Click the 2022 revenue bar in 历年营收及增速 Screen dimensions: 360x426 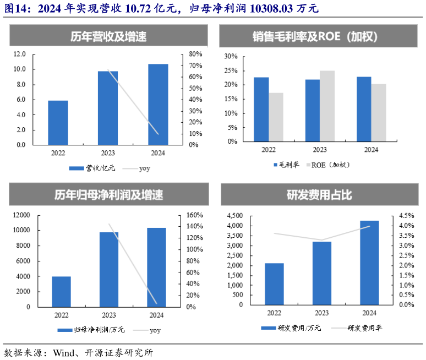58,123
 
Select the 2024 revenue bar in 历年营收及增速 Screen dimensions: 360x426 158,105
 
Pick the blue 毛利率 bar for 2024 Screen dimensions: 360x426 364,109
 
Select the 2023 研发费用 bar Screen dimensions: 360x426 321,273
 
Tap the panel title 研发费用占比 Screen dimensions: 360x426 319,195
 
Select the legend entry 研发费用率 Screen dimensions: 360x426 364,328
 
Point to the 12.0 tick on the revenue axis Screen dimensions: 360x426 20,54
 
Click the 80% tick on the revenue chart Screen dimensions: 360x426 195,54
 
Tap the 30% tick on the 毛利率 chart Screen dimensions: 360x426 231,56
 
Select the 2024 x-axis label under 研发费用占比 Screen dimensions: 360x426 369,313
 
